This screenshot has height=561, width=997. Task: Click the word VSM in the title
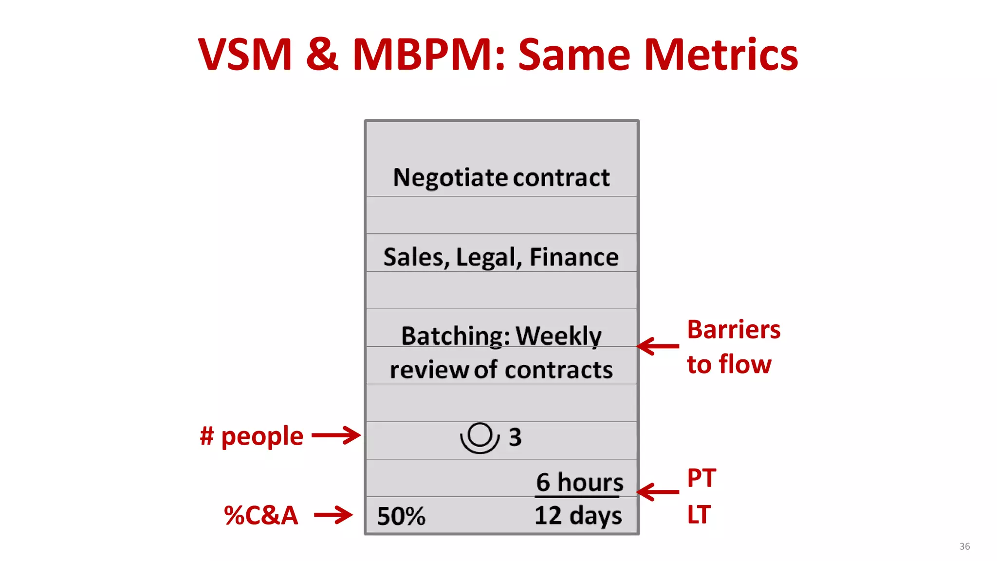pos(245,55)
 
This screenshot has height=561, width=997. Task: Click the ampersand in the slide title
pos(322,55)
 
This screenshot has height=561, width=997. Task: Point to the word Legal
pos(488,257)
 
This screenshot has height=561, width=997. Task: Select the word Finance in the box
pos(574,257)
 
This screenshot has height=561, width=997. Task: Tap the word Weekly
pos(558,336)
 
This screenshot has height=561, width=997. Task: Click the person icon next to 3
pos(480,437)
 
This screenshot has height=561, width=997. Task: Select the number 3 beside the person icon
pos(515,437)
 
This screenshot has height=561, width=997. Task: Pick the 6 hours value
pos(579,483)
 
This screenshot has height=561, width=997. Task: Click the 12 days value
pos(578,515)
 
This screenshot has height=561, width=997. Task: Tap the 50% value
pos(401,516)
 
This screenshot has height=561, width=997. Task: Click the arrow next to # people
pos(336,435)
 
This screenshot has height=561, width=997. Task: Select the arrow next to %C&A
pos(333,515)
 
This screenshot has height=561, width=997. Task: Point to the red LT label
pos(699,515)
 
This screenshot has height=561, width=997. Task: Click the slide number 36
pos(964,546)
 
